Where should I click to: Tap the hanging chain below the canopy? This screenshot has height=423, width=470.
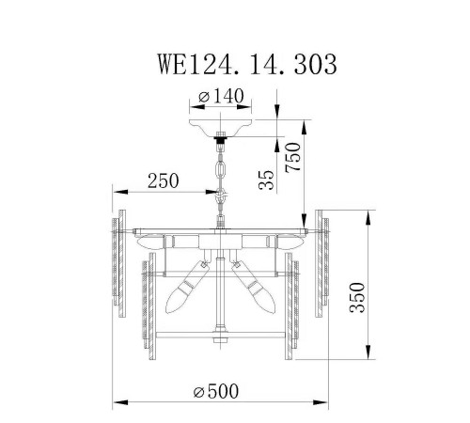point(223,169)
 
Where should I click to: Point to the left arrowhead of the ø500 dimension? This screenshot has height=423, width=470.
point(117,403)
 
